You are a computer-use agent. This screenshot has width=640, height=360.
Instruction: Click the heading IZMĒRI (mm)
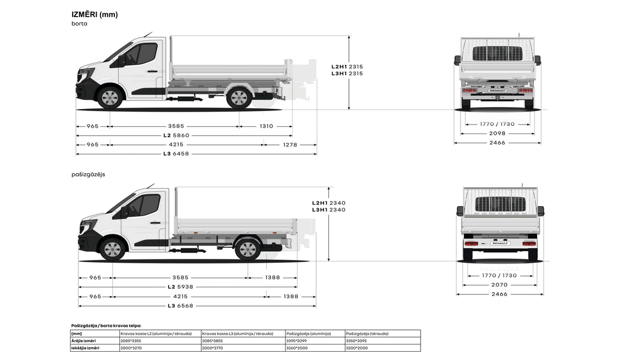coord(94,14)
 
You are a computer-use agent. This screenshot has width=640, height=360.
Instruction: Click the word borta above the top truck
coord(79,23)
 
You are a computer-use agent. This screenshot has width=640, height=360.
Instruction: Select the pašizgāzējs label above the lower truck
coord(88,174)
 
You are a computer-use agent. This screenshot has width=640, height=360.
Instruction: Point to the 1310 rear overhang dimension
coord(267,126)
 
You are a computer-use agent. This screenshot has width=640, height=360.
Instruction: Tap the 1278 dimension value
coord(290,144)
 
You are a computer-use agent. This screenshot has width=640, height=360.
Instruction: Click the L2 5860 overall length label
coord(176,135)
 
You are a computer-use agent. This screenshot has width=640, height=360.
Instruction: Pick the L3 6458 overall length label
coord(176,153)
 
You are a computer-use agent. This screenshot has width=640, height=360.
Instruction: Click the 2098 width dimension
coord(497,133)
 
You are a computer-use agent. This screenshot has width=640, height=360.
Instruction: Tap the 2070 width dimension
coord(499,284)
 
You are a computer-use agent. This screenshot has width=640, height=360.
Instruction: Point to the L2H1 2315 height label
coord(347,66)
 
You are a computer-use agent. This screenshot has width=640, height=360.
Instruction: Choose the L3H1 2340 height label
coord(328,210)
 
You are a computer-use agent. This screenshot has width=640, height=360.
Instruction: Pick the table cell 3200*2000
coord(356,348)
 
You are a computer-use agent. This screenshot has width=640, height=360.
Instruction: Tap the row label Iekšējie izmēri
coord(86,348)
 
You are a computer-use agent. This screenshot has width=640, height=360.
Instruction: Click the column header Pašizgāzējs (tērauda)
coord(367,333)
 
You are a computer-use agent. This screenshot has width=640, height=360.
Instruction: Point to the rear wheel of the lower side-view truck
coord(248,249)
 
